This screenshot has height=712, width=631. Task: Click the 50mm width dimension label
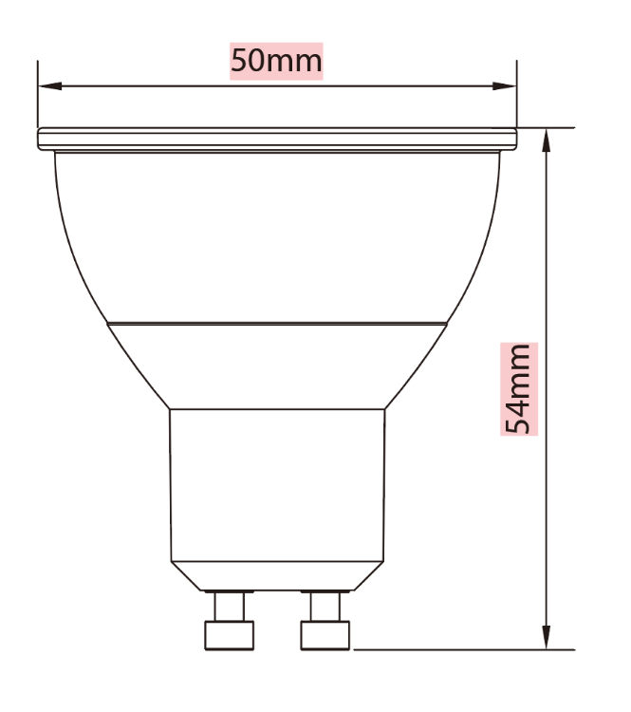pos(276,62)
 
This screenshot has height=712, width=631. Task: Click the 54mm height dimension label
pos(519,389)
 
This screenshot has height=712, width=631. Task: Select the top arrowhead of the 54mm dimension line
pos(547,139)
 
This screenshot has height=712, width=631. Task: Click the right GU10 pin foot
pos(325,634)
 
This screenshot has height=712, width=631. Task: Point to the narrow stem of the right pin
pos(325,606)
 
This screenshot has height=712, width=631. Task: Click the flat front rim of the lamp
pos(277,140)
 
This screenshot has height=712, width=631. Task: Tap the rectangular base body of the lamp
pos(277,484)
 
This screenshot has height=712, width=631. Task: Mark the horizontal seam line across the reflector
pos(277,324)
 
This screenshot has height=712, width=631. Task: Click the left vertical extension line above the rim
pos(38,95)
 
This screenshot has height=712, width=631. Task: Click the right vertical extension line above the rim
pos(517,95)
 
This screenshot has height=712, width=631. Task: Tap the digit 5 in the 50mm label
pos(240,62)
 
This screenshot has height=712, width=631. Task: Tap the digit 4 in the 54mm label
pos(519,401)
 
